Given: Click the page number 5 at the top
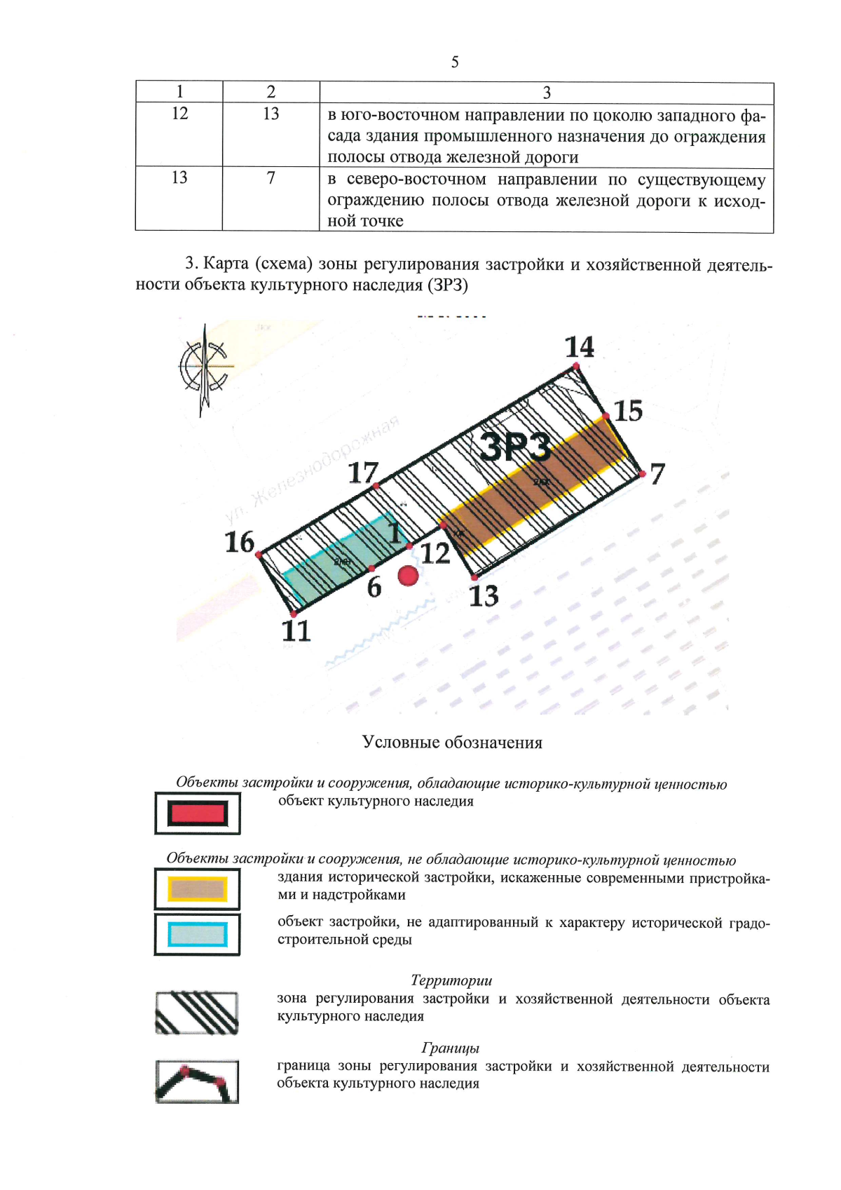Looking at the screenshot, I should click(x=455, y=62).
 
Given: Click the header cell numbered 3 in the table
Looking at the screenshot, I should click(x=547, y=93).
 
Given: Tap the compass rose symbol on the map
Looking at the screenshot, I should click(x=204, y=367).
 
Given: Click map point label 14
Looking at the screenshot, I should click(x=580, y=346).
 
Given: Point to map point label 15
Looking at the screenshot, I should click(x=628, y=411).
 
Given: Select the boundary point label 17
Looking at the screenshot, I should click(x=363, y=473).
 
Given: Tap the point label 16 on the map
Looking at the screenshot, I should click(x=240, y=542).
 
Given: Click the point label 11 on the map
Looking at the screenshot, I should click(x=296, y=631).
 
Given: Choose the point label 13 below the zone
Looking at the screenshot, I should click(x=484, y=596).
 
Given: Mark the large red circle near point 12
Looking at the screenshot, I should click(x=408, y=576).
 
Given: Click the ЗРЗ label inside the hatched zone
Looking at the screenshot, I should click(x=516, y=447).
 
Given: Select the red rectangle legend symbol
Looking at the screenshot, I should click(x=198, y=813).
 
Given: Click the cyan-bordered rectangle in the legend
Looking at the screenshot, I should click(x=198, y=934).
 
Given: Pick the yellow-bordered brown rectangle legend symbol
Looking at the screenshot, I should click(x=198, y=889).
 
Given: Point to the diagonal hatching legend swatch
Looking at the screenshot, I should click(x=197, y=1013).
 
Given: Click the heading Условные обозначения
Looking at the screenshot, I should click(x=452, y=743).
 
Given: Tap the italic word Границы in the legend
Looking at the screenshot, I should click(x=450, y=1048).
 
